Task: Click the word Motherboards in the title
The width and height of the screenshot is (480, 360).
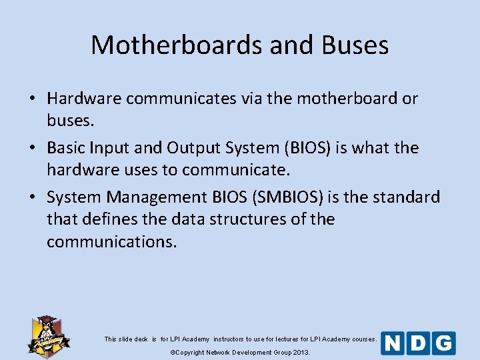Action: pos(177,45)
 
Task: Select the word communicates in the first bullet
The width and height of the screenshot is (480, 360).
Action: pos(181,99)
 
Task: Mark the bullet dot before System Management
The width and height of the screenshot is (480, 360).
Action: pos(32,198)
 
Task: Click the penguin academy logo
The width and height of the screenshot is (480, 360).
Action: pos(49,335)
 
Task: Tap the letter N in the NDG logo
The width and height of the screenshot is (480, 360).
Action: pos(393,343)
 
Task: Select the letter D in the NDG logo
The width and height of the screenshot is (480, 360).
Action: pos(418,343)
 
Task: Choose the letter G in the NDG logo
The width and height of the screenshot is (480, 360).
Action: pos(443,343)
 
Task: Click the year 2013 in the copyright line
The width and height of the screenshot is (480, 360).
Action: pos(300,352)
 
